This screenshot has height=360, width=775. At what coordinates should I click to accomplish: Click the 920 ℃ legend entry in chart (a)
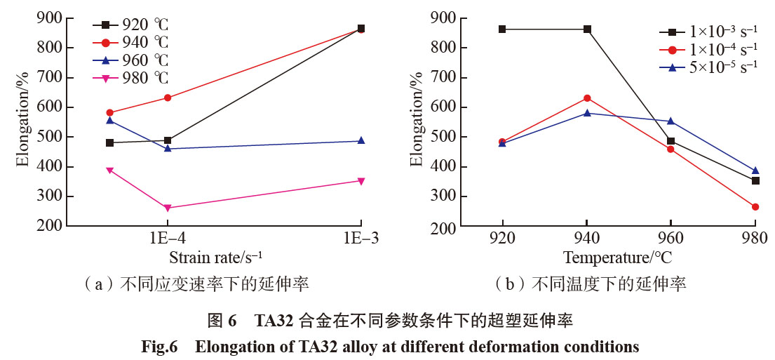133,25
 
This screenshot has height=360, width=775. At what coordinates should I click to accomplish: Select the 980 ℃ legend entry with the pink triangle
133,76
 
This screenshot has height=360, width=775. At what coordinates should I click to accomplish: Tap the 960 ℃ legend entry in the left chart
133,60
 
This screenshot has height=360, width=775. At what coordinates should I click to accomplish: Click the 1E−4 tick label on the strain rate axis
168,238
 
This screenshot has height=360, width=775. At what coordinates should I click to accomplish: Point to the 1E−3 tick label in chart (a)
360,238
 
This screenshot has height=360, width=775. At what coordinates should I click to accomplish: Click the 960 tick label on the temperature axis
671,238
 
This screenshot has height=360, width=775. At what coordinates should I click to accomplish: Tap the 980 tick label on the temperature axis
755,238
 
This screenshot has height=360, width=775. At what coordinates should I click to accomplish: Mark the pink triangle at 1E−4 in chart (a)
168,208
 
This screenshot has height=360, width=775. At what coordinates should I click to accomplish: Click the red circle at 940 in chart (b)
587,98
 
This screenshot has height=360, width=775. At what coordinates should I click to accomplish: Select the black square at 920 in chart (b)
502,29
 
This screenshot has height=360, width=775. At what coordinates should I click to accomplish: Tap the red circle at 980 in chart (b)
755,207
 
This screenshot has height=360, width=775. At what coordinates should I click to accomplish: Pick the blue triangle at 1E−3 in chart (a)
360,140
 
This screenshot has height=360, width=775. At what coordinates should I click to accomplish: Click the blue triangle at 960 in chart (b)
671,121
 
